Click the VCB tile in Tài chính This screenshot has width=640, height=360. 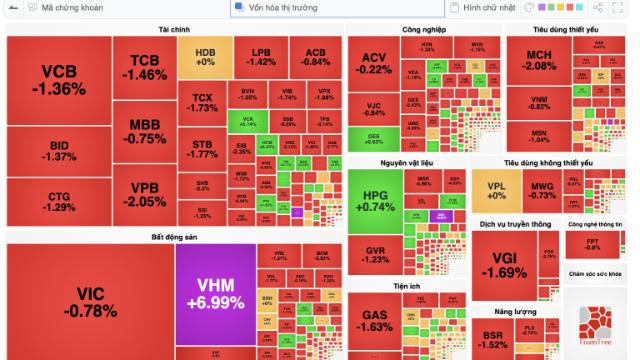(58, 80)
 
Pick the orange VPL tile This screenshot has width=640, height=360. (497, 190)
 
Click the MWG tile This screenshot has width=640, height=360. (543, 190)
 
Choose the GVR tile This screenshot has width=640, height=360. (376, 255)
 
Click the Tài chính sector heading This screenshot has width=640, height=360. (174, 30)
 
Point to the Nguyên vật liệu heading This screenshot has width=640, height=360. (405, 162)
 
